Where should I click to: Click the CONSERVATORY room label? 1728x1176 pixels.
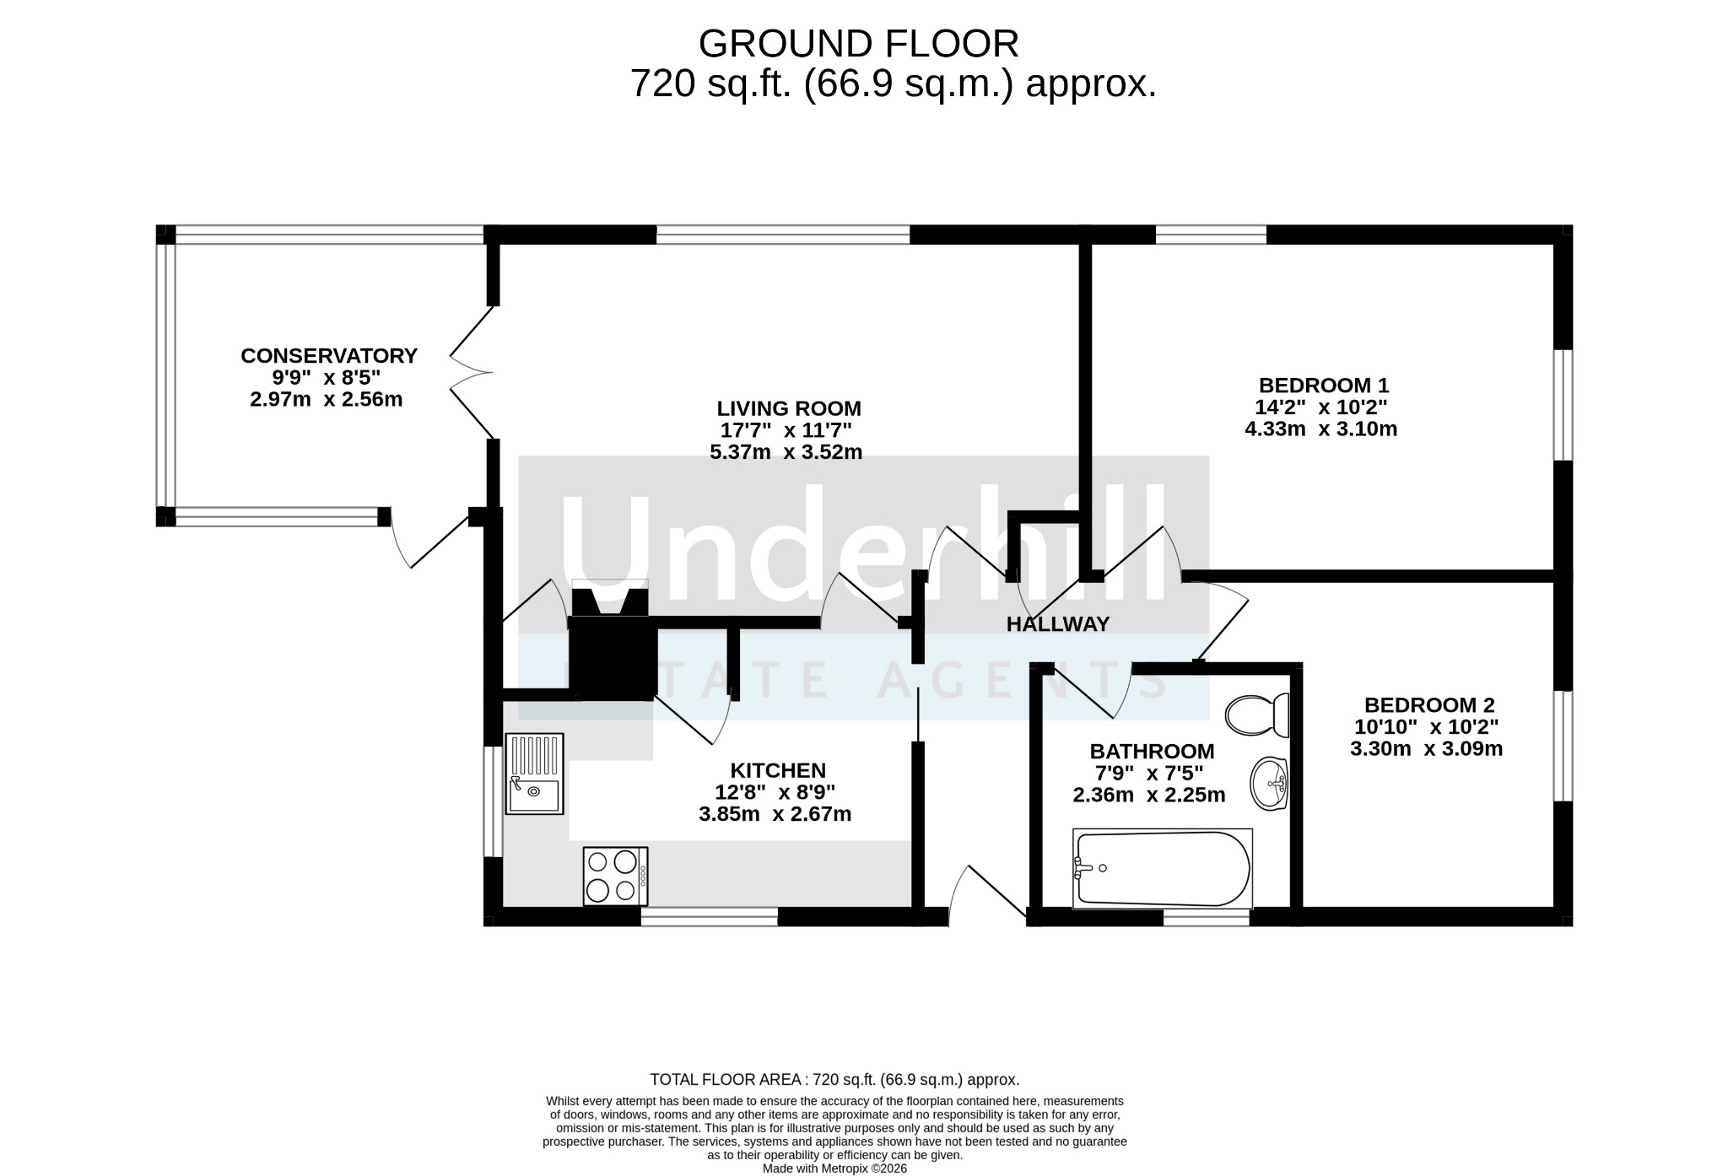(329, 356)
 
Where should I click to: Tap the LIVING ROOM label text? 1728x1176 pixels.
(789, 408)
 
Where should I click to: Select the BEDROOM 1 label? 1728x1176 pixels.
(1324, 386)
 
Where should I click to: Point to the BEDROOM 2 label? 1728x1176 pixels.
(1429, 704)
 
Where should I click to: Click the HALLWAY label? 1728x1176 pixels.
(1058, 624)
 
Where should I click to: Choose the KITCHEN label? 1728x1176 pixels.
(778, 770)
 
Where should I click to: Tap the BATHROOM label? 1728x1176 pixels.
(1153, 751)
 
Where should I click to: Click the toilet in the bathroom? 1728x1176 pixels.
(1257, 715)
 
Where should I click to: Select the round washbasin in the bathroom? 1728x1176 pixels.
(1269, 784)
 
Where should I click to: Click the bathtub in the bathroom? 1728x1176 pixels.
(1163, 869)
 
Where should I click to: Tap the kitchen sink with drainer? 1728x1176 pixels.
(534, 774)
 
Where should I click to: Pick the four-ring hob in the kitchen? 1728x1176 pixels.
(616, 877)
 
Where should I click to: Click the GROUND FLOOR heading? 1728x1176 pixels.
(859, 43)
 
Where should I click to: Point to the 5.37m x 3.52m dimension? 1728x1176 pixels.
(786, 452)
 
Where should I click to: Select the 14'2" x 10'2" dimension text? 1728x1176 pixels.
(1321, 407)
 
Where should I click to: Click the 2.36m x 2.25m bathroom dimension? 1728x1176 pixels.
(1149, 795)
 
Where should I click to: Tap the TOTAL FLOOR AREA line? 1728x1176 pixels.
(834, 1079)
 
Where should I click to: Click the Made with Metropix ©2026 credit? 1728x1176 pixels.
(834, 1168)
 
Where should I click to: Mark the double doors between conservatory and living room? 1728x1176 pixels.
(472, 372)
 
